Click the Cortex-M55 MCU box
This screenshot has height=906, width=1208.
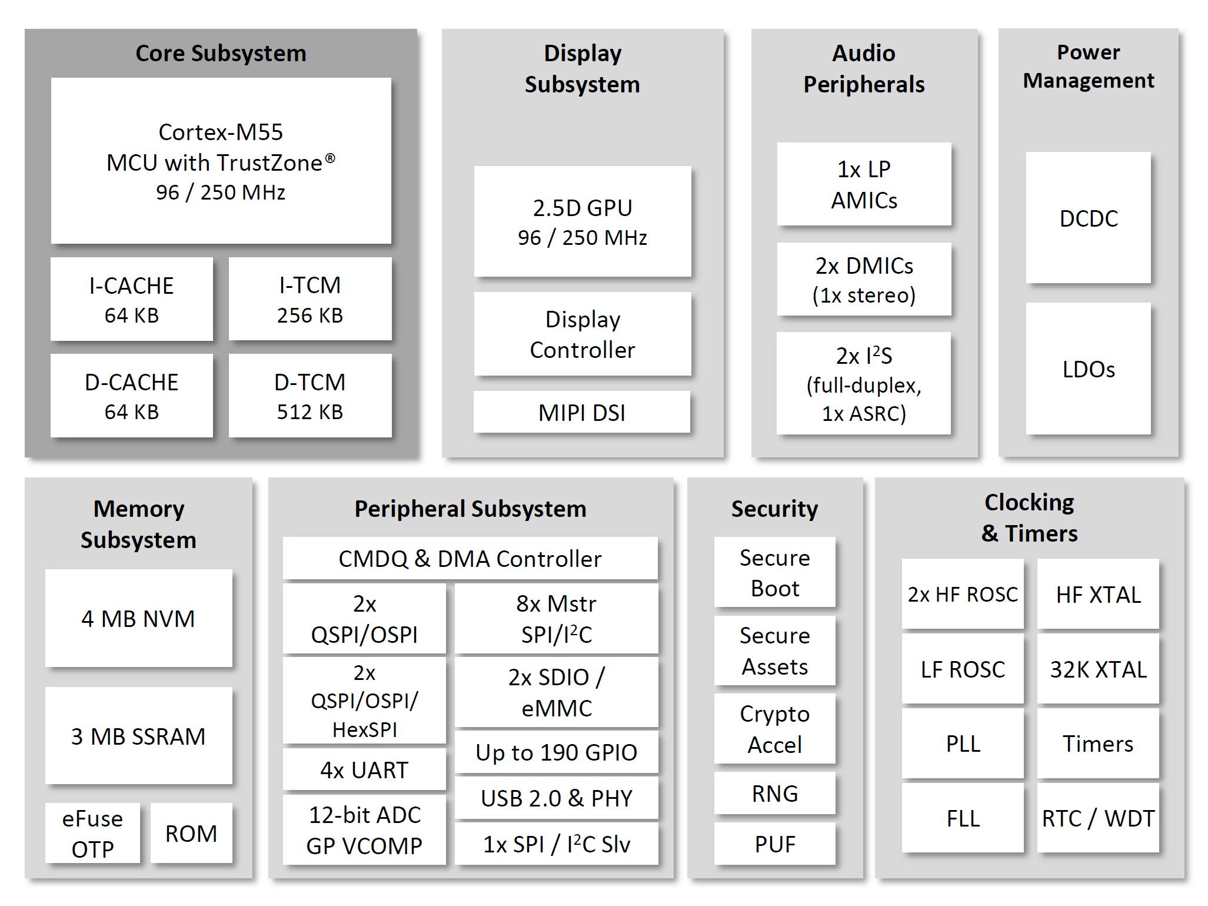(x=221, y=161)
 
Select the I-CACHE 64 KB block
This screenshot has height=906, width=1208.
(x=131, y=299)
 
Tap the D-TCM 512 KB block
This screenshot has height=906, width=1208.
(x=310, y=396)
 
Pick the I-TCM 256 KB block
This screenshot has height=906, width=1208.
(x=310, y=299)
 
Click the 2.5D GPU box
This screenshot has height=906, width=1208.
(x=582, y=221)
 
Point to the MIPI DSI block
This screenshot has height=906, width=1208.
(x=581, y=412)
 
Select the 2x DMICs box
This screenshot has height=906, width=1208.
(x=863, y=279)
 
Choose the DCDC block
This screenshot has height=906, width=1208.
(x=1088, y=218)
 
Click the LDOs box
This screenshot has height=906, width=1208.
(x=1088, y=369)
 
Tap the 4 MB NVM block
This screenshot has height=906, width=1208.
(x=138, y=618)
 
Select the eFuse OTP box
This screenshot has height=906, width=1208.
(x=92, y=833)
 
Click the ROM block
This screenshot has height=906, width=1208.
(x=191, y=833)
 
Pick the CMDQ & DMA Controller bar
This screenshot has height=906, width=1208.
(x=470, y=558)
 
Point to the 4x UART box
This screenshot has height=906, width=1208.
(x=364, y=769)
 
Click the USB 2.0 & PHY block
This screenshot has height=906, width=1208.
(x=556, y=798)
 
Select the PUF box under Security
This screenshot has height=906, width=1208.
(x=774, y=844)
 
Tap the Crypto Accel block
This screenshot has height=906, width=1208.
(x=774, y=729)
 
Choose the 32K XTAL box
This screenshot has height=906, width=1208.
(x=1098, y=669)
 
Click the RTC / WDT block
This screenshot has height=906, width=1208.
(x=1098, y=818)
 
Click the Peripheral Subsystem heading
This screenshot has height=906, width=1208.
(x=470, y=509)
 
